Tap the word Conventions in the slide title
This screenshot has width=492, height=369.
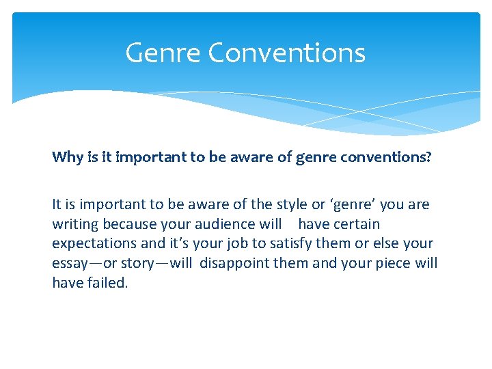tap(287, 53)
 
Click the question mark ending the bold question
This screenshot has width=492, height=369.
tap(428, 157)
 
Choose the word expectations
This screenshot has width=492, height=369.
tap(94, 244)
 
